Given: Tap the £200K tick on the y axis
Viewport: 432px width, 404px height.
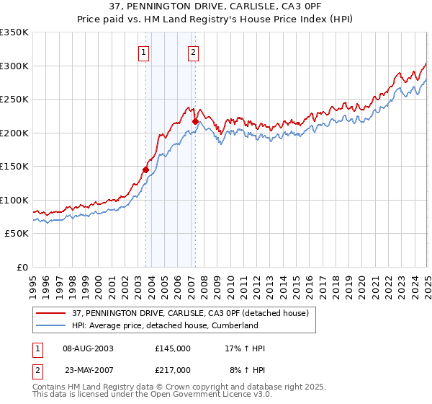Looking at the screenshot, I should (x=14, y=133).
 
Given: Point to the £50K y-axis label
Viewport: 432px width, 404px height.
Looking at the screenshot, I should (x=17, y=234).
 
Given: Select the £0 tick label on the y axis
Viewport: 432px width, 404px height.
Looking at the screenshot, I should (x=23, y=267).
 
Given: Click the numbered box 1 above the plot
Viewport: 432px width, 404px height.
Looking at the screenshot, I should (x=144, y=52).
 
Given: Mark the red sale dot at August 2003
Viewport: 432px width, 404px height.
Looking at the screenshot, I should (x=145, y=170).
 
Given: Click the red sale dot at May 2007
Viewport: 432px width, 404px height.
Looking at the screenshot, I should (x=195, y=121).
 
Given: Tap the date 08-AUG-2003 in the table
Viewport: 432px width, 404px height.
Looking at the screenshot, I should (x=89, y=348).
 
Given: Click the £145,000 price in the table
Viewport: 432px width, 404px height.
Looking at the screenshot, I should (x=173, y=348).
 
